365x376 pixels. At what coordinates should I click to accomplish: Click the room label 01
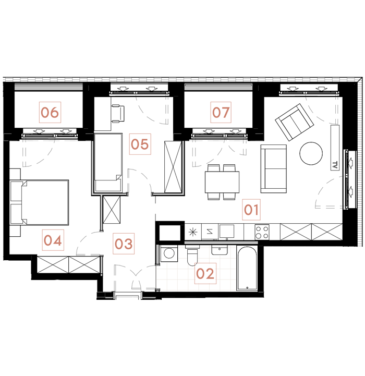(x=251, y=210)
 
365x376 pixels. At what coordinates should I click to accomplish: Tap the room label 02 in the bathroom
(x=205, y=273)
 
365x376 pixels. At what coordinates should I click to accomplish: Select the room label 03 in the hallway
(x=124, y=244)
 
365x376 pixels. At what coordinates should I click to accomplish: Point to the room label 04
(x=53, y=240)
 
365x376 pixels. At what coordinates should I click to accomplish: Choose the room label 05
(x=140, y=143)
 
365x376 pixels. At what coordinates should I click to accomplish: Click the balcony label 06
(x=51, y=112)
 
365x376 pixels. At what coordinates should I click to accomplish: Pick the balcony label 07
(x=221, y=112)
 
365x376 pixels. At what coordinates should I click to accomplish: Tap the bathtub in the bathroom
(x=247, y=269)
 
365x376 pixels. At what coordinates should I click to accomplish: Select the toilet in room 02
(x=192, y=258)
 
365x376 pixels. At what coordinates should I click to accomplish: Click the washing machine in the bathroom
(x=169, y=254)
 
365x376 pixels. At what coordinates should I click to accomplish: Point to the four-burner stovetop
(x=262, y=231)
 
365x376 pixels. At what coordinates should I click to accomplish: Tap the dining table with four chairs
(x=222, y=182)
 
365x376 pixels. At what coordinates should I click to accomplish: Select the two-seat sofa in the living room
(x=274, y=168)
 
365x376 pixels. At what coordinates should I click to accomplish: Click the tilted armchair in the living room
(x=295, y=122)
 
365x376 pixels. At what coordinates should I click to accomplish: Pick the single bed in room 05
(x=108, y=162)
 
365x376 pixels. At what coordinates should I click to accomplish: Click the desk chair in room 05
(x=118, y=112)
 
